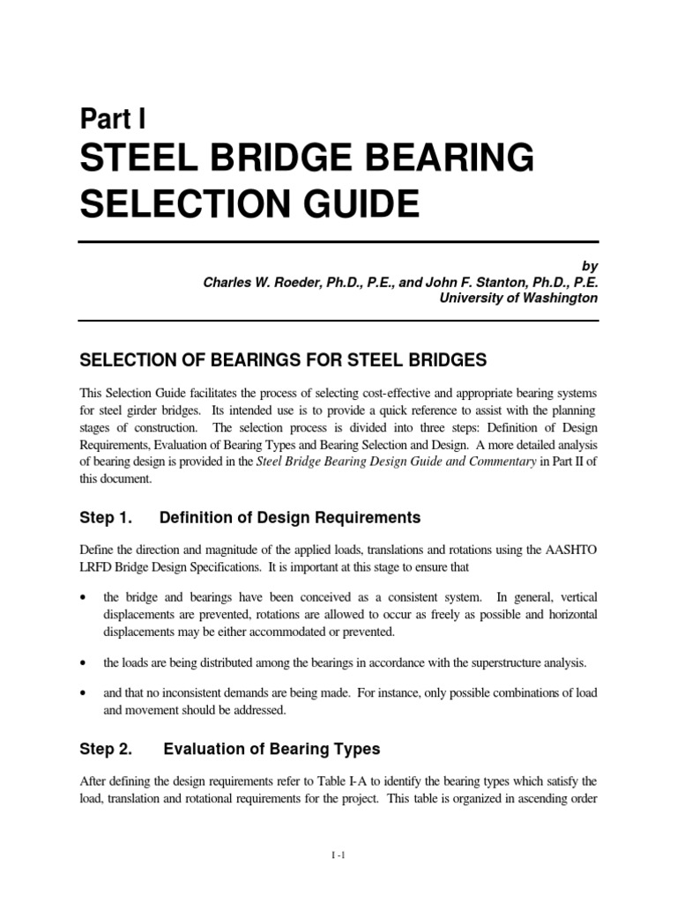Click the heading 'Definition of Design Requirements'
[x=276, y=517]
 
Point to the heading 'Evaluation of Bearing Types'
[x=272, y=749]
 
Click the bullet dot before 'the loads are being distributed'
[x=83, y=662]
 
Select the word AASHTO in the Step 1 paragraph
[x=571, y=550]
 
